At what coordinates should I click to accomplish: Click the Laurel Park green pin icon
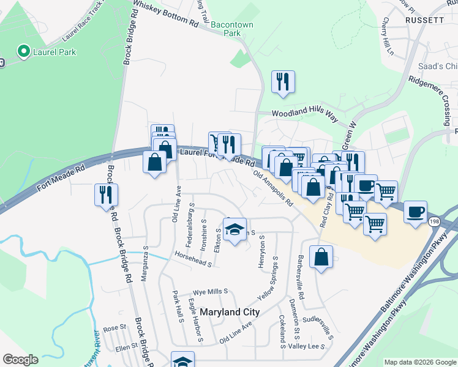[x=24, y=51]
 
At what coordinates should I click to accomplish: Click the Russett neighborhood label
[x=424, y=20]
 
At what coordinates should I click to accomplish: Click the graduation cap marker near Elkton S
[x=234, y=229]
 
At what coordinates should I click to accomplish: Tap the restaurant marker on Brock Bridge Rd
[x=106, y=194]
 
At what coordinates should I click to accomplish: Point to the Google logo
[x=20, y=360]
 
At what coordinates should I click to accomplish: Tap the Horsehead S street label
[x=192, y=259]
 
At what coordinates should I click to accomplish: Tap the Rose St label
[x=114, y=328]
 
